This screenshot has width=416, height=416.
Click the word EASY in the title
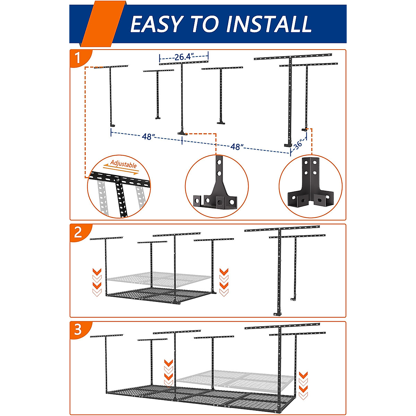point(156,24)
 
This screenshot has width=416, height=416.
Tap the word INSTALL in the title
point(268,24)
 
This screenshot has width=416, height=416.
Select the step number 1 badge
point(78,58)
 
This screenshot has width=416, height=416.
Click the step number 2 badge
point(78,232)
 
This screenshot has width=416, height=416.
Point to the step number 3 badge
point(78,329)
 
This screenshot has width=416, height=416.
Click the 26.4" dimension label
point(184,57)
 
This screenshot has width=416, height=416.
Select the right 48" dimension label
point(236,147)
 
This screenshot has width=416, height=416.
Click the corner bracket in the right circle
point(310,187)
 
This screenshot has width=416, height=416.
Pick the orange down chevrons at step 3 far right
point(303,385)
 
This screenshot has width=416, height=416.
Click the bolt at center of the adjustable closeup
point(118,180)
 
